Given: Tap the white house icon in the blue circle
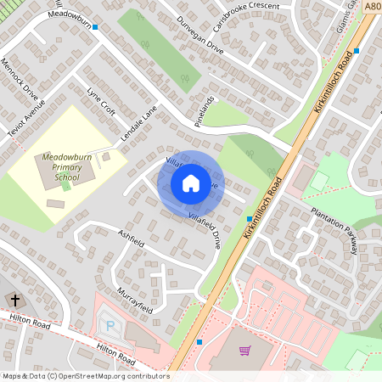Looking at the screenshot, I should click(x=191, y=183).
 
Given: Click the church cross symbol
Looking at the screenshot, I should click(x=14, y=301).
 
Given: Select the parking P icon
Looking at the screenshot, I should click(x=109, y=324).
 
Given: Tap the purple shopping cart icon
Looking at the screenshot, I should click(x=245, y=351).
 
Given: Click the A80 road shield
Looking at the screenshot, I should click(x=373, y=6).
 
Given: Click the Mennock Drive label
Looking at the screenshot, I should click(x=19, y=78).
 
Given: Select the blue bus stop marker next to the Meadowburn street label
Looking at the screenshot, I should click(x=96, y=27).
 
